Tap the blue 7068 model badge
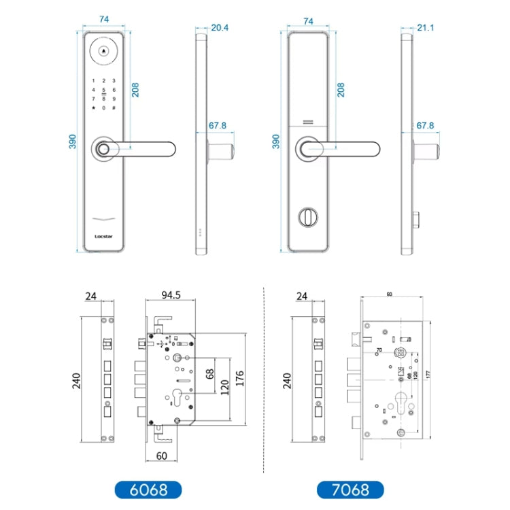point(350,489)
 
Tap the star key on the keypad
point(93,108)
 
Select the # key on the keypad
point(114,108)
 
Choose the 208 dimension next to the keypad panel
point(135,89)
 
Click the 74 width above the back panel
point(308,21)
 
